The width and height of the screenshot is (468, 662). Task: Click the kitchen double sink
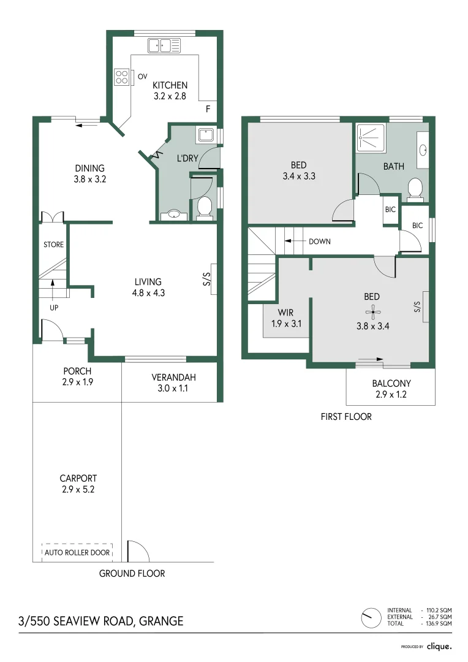tap(164, 45)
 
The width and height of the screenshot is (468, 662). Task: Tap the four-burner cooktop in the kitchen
tap(122, 77)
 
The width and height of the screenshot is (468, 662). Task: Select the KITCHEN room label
tap(170, 85)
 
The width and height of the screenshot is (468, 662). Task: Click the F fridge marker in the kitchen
tap(208, 109)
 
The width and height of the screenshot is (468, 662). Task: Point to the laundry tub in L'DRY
tap(205, 135)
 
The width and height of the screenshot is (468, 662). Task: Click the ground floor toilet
tap(205, 207)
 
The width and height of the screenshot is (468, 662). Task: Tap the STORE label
tap(53, 245)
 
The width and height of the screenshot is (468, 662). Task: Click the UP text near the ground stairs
tap(54, 308)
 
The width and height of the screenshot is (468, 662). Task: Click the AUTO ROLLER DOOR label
tap(77, 552)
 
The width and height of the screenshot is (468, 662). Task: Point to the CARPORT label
tap(78, 478)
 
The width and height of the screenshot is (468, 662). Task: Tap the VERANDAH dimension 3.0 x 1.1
tap(170, 389)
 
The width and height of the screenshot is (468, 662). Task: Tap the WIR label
tap(285, 313)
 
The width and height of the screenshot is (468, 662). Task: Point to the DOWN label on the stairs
tap(319, 242)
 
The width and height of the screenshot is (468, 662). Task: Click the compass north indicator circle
tap(370, 617)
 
